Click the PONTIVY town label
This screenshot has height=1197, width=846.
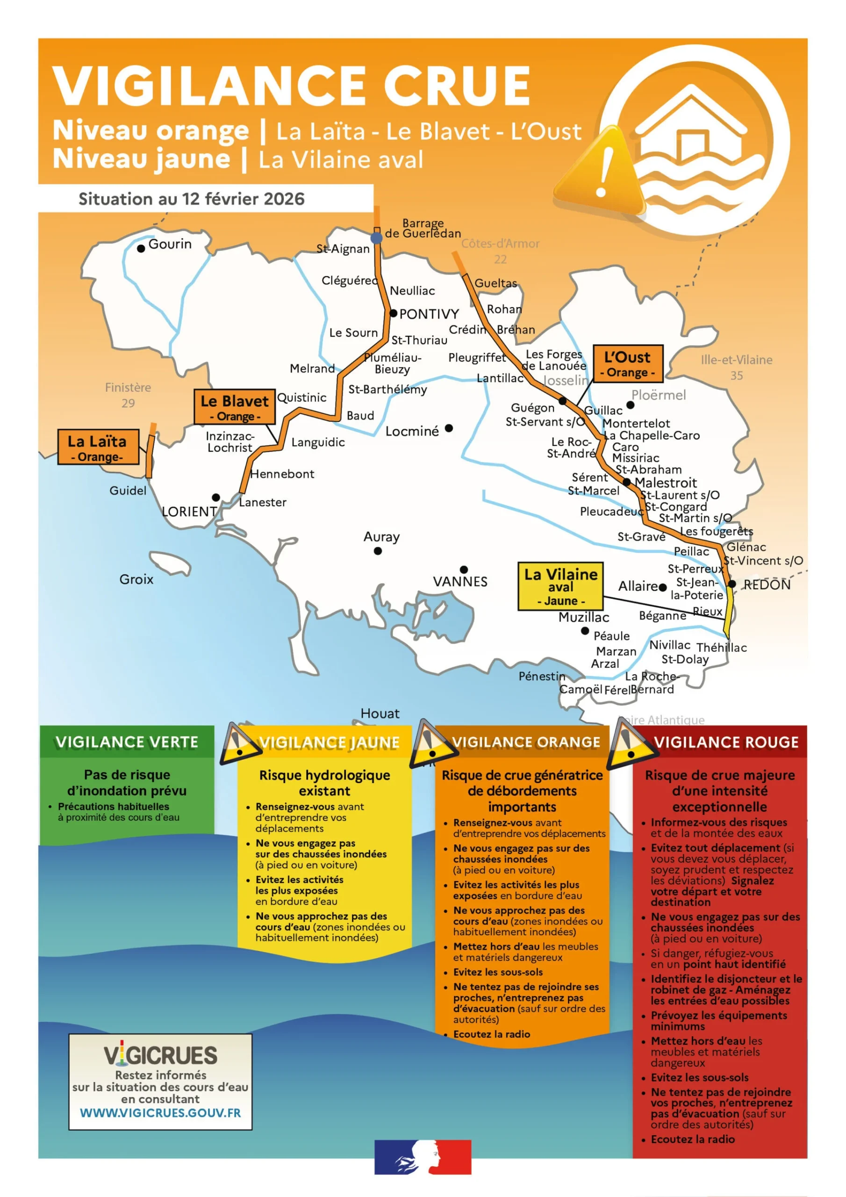point(429,314)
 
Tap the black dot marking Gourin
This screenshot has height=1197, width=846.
point(141,249)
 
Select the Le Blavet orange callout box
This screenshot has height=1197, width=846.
point(235,407)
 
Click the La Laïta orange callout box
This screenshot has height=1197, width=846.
point(98,447)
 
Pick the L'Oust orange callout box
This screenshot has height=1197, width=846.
point(628,363)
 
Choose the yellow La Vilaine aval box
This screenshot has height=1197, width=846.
point(560,586)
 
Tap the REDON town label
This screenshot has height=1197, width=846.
point(767,585)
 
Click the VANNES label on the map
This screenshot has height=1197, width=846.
point(460,581)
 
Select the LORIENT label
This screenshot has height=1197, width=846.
point(190,512)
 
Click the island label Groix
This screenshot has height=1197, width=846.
point(136,579)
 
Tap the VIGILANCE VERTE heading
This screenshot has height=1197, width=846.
point(127,742)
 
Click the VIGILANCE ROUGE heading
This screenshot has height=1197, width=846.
point(726,743)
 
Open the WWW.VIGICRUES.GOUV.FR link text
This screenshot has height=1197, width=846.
point(160,1113)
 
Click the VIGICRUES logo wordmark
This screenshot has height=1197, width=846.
point(160,1055)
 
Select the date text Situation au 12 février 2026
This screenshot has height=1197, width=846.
point(191,199)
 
